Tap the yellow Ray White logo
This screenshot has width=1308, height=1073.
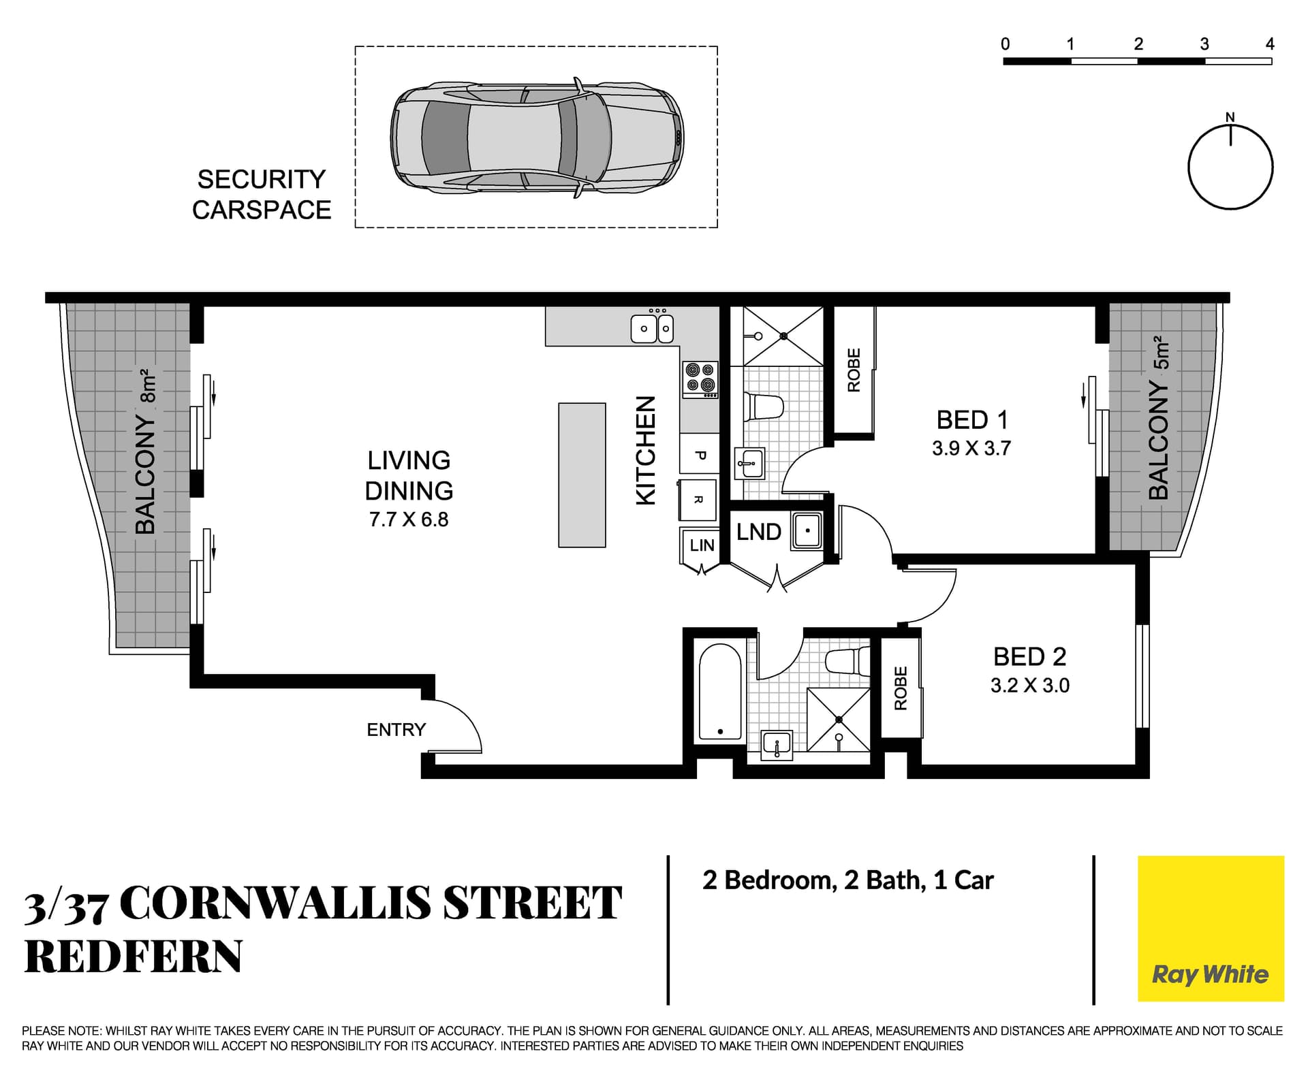coord(1211,928)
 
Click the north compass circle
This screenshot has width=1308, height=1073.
coord(1230,167)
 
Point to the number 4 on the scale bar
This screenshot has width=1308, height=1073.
coord(1270,44)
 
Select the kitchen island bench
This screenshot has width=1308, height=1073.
coord(582,475)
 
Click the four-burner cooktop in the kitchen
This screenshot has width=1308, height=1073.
coord(700,379)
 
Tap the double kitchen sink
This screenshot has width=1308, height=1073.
coord(652,329)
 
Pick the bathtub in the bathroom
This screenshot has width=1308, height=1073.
coord(720,693)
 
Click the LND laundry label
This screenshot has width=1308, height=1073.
coord(758,532)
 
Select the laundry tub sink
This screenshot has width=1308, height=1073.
coord(807,530)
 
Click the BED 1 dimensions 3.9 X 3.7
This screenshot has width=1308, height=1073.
coord(971,449)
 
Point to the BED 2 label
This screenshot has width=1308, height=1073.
coord(1029,657)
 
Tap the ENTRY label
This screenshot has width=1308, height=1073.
coord(396,730)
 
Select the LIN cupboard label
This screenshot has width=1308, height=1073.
coord(702,545)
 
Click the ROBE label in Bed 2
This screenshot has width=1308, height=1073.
coord(901,688)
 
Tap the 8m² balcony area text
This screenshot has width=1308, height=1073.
coord(149,386)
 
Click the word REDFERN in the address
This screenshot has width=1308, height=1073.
coord(134,957)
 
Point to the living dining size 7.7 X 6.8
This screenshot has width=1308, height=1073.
coord(409,519)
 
